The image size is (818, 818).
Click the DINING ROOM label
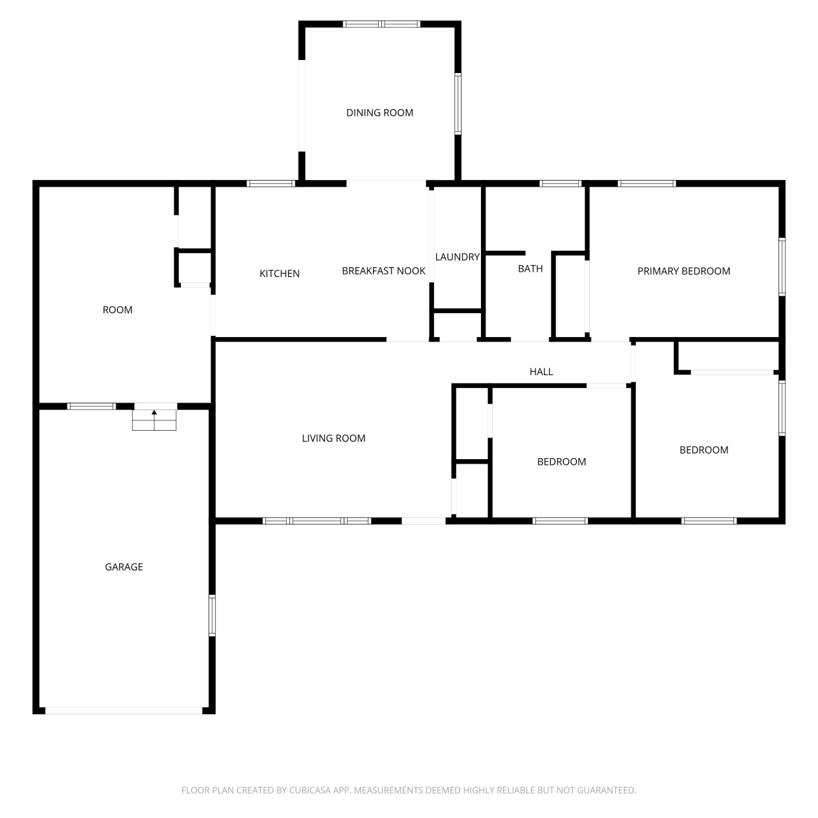[380, 113]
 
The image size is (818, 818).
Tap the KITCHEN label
[279, 274]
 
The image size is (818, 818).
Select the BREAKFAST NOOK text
[383, 271]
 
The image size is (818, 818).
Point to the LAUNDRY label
[457, 257]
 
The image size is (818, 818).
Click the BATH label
[530, 269]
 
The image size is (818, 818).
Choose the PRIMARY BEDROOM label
[684, 271]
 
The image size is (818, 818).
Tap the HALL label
[541, 372]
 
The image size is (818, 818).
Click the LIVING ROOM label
[334, 438]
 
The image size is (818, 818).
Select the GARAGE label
[124, 567]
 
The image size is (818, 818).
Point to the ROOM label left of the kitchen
[117, 310]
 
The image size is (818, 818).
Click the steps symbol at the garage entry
[154, 420]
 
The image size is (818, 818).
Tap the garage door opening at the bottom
[124, 711]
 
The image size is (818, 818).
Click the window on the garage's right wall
[212, 616]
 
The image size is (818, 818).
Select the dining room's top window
[382, 24]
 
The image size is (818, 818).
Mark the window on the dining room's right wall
[458, 104]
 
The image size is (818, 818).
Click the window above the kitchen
[271, 183]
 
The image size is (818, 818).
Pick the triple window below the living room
[317, 521]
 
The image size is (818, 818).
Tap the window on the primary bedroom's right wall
[782, 267]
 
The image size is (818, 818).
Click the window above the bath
[561, 183]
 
